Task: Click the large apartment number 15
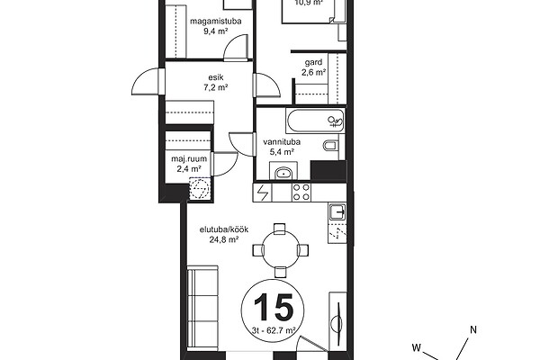tap(274, 307)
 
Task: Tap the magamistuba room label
tap(216, 22)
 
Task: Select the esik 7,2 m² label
tap(216, 83)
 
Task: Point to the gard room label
tap(313, 62)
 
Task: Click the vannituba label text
tap(282, 141)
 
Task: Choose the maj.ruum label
tap(189, 159)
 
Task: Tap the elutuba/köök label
tap(224, 229)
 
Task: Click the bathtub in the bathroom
tap(315, 121)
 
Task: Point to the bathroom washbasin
tap(283, 174)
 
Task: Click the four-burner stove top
tap(301, 193)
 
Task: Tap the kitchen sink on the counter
tap(337, 211)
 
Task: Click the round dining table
tap(280, 250)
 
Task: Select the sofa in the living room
tap(202, 308)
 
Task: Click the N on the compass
tap(473, 330)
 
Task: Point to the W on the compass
tap(417, 347)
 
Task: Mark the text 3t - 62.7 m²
tap(274, 330)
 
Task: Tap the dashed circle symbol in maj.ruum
tap(199, 188)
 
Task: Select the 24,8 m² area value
tap(224, 239)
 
